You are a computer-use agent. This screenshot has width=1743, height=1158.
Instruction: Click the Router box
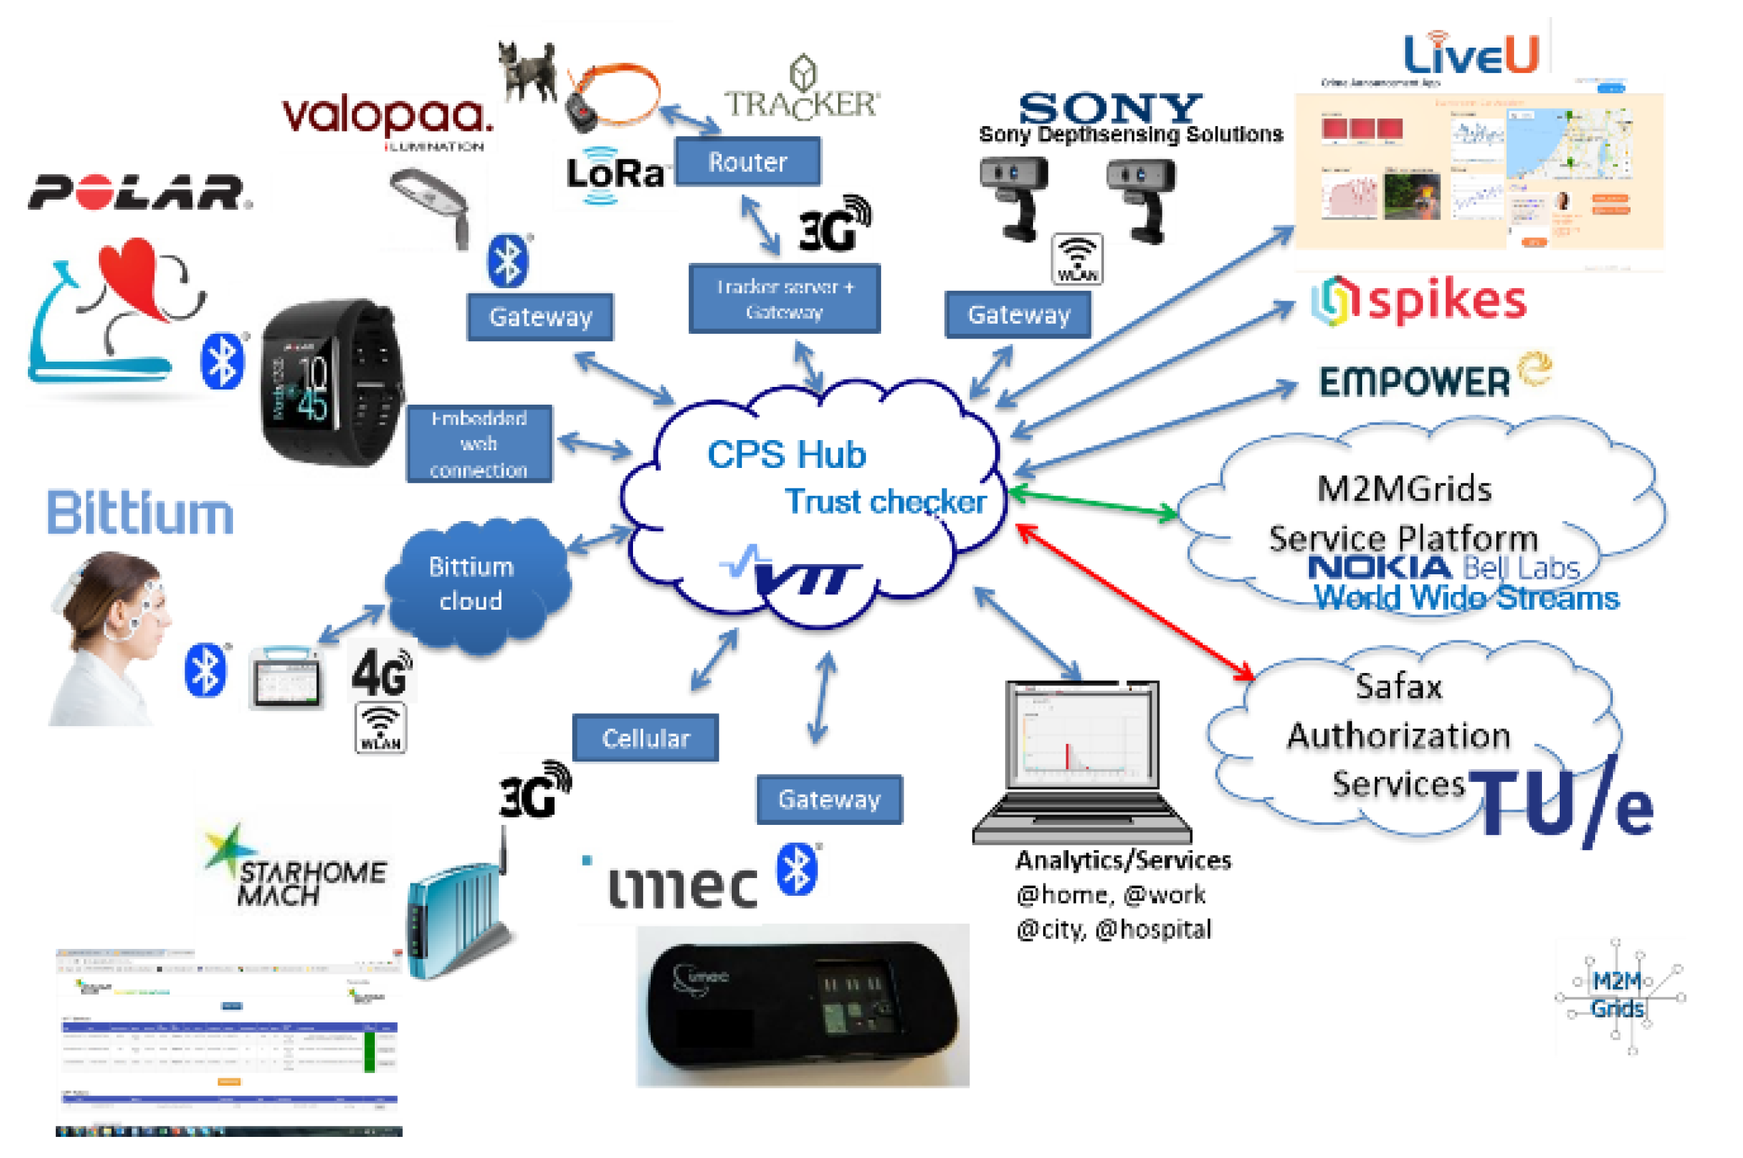(747, 161)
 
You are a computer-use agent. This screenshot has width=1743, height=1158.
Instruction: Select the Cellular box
(645, 737)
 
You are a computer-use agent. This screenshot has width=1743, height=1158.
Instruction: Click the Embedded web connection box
(478, 444)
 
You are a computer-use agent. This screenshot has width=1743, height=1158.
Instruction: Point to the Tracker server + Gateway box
(784, 298)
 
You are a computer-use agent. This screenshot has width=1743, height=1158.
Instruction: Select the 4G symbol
(380, 672)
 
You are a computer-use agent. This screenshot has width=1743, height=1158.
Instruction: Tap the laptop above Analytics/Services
(1082, 761)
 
